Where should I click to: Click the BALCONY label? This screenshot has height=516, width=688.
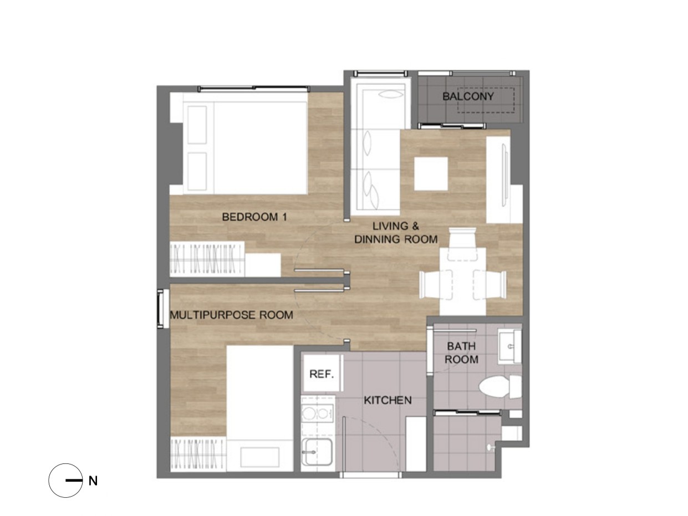(x=468, y=96)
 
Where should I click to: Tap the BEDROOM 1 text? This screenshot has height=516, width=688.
(x=254, y=217)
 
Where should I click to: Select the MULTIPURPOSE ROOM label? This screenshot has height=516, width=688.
(x=232, y=315)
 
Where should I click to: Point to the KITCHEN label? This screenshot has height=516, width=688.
(x=388, y=400)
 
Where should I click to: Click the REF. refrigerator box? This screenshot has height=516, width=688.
(x=322, y=373)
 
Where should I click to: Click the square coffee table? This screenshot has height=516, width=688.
(x=431, y=173)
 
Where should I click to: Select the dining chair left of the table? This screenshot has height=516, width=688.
(x=436, y=284)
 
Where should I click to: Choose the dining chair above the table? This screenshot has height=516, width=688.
(x=462, y=244)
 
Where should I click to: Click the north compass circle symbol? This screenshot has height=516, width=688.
(x=65, y=481)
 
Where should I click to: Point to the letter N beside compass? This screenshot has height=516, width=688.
(x=93, y=481)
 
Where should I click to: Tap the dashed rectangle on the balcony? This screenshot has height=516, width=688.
(x=486, y=100)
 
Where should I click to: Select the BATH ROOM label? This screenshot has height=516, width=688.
(x=461, y=352)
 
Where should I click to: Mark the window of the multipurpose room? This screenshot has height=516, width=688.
(x=162, y=308)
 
